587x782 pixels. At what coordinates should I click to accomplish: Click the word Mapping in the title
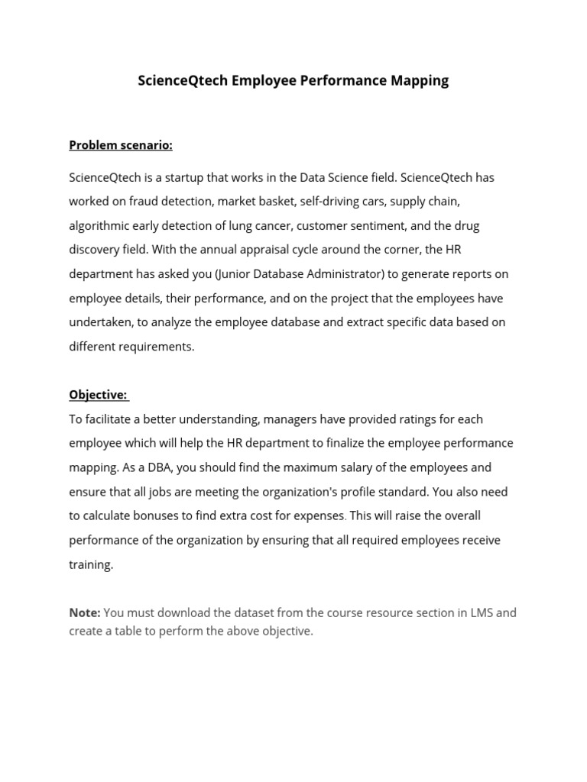[x=417, y=80]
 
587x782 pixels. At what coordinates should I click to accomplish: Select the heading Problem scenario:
[x=121, y=145]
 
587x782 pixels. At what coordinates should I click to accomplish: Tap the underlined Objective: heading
[x=98, y=395]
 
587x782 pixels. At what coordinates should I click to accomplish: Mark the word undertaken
[x=101, y=322]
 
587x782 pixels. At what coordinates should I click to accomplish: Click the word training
[x=90, y=564]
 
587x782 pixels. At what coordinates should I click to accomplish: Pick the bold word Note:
[x=85, y=612]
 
